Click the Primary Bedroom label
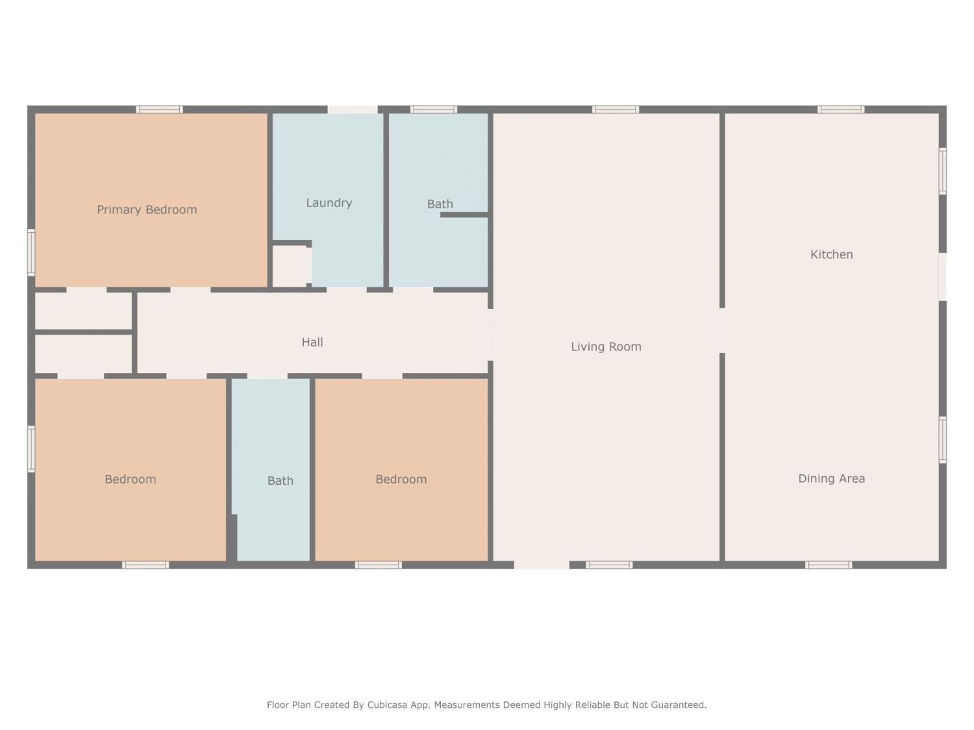147,210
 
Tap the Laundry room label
329,203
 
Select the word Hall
312,342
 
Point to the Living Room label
606,347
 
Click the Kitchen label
832,254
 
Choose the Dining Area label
832,479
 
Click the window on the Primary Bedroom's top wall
159,110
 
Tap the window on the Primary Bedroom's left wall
31,252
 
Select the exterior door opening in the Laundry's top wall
353,110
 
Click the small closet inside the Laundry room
290,266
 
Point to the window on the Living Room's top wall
616,110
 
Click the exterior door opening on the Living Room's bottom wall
542,565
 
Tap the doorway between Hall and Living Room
490,335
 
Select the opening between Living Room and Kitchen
722,331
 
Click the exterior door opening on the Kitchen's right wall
942,276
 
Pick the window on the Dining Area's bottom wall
829,565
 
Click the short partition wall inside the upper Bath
464,215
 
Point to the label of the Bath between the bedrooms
281,481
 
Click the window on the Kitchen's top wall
841,110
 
